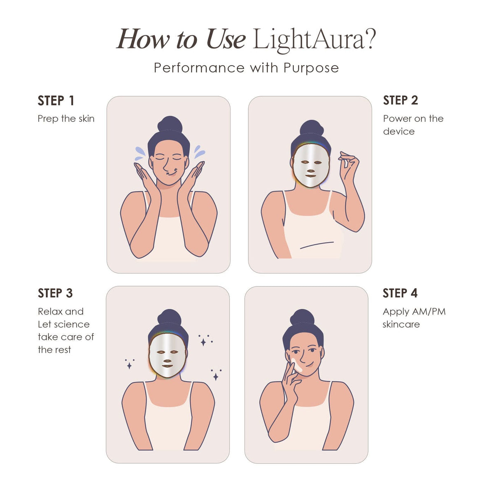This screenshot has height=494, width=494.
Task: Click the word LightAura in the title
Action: click(309, 40)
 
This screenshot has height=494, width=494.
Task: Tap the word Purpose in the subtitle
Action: click(311, 68)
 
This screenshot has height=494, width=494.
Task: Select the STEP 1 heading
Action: click(56, 100)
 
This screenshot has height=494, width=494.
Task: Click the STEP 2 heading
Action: click(400, 100)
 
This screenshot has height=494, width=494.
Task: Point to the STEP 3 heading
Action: click(55, 293)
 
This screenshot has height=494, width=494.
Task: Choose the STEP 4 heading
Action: click(400, 293)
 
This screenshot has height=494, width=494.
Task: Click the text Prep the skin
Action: click(66, 119)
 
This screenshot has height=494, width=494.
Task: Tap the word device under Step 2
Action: click(398, 131)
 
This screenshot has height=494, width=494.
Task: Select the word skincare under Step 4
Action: click(401, 324)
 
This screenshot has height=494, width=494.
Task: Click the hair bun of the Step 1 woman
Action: click(170, 124)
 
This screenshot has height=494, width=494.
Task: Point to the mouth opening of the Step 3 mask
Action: click(167, 366)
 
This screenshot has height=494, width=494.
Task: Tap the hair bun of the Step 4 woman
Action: click(302, 317)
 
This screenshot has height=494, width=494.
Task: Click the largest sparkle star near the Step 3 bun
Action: click(203, 342)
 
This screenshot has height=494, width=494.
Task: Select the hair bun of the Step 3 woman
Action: click(169, 317)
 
